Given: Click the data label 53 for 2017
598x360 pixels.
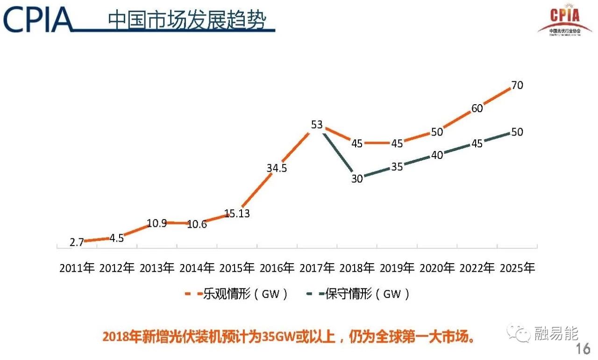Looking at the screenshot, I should [317, 125].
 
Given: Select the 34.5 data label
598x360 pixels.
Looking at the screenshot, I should [277, 169].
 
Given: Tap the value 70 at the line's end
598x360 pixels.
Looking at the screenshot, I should [517, 86].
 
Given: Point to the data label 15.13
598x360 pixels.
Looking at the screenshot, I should [237, 214].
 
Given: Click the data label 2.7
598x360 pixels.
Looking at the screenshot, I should [77, 242].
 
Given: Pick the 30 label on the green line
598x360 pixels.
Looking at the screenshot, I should [357, 179].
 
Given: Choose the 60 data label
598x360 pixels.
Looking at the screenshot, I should [477, 108].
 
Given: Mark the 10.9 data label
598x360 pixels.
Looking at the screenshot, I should [157, 223].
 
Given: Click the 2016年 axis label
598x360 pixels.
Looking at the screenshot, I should [277, 268].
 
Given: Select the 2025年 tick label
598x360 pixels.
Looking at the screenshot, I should [517, 268].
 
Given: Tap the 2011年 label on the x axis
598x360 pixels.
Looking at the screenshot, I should [77, 268].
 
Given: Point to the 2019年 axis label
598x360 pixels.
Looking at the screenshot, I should [397, 268].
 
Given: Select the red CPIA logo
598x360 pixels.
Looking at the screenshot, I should [564, 21].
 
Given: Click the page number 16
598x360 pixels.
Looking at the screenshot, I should [583, 349].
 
